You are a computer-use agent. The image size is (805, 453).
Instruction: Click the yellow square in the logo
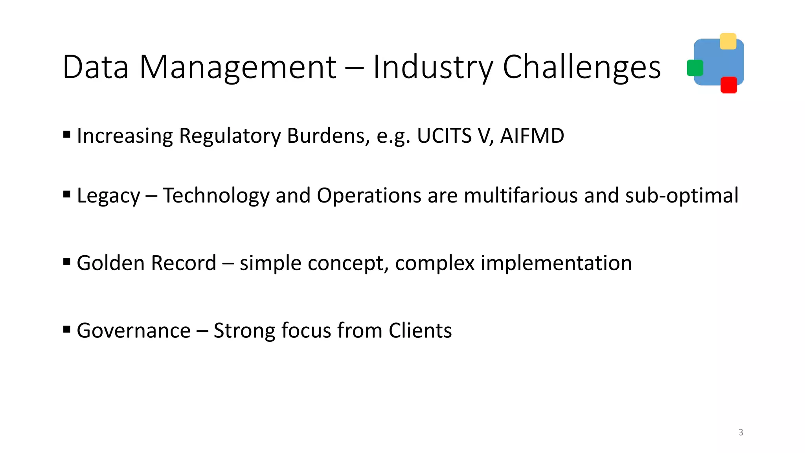pyautogui.click(x=728, y=41)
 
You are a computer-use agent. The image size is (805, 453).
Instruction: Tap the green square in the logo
pyautogui.click(x=695, y=68)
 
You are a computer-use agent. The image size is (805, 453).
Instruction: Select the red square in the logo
pyautogui.click(x=728, y=85)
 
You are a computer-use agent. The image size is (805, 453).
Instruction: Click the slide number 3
pyautogui.click(x=741, y=432)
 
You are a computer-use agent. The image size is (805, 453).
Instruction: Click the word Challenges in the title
pyautogui.click(x=582, y=67)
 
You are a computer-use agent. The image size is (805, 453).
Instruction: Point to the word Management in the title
pyautogui.click(x=238, y=67)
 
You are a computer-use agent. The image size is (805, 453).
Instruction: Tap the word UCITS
pyautogui.click(x=444, y=136)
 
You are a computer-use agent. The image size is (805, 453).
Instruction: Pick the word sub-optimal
pyautogui.click(x=682, y=195)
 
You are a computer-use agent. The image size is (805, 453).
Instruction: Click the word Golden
pyautogui.click(x=111, y=263)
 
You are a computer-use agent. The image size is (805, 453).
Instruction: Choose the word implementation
pyautogui.click(x=556, y=263)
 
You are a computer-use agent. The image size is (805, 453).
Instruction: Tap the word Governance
pyautogui.click(x=134, y=330)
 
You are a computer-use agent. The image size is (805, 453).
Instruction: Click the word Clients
pyautogui.click(x=420, y=330)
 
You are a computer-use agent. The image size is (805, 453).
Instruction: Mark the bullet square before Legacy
pyautogui.click(x=67, y=194)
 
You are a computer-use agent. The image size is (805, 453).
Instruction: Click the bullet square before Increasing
pyautogui.click(x=67, y=135)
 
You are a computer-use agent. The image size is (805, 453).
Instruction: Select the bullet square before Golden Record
pyautogui.click(x=67, y=261)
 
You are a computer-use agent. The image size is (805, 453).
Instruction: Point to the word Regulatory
pyautogui.click(x=230, y=136)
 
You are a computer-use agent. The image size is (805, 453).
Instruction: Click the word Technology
pyautogui.click(x=216, y=195)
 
